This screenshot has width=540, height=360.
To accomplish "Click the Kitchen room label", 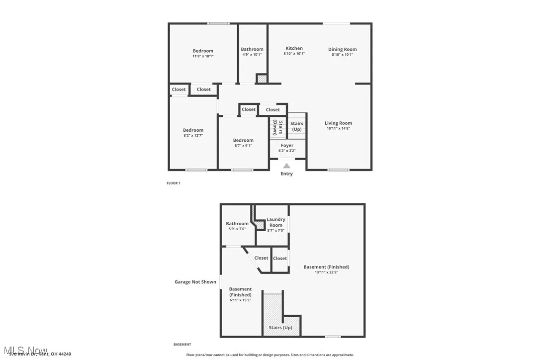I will click(x=294, y=48).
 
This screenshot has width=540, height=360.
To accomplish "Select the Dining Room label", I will click(x=342, y=49).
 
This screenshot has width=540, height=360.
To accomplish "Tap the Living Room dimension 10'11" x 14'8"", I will click(x=338, y=129).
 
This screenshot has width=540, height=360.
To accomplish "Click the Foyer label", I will click(x=287, y=145).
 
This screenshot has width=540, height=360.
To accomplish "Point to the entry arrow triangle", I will click(x=286, y=166).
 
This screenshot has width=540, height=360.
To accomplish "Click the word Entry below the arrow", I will click(x=287, y=174).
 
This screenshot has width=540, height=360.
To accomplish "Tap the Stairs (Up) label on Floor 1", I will click(x=297, y=126).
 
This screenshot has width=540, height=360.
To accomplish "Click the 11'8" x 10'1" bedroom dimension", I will click(x=203, y=56).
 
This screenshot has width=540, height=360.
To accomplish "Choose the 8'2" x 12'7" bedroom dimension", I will click(x=193, y=135).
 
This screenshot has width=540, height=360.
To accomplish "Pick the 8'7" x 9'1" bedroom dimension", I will click(x=243, y=146).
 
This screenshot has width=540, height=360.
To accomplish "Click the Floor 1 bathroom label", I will click(x=252, y=49).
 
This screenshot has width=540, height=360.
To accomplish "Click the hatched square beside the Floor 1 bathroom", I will click(x=262, y=79).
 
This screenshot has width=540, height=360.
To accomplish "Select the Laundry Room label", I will click(x=276, y=222).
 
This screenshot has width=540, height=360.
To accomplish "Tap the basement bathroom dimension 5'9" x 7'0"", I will click(x=237, y=229).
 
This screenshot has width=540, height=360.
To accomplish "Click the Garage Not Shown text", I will click(x=195, y=282).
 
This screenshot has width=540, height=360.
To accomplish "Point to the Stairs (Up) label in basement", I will click(x=280, y=328).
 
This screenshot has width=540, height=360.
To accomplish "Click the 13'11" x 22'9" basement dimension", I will click(x=326, y=272).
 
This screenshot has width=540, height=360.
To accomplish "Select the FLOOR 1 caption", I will click(x=174, y=183).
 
